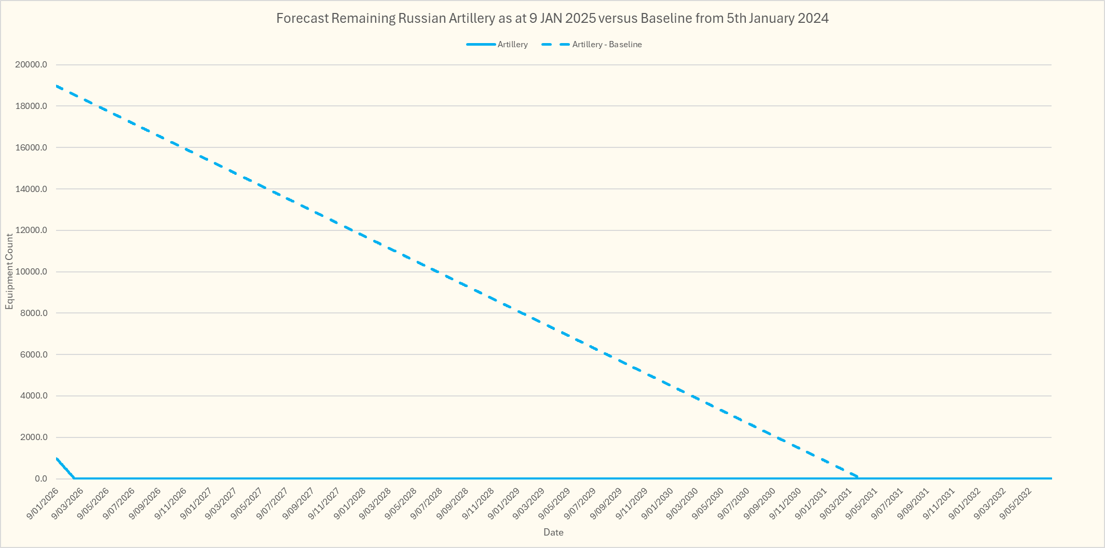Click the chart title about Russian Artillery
552,19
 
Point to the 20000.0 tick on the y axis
31,65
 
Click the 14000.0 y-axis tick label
31,189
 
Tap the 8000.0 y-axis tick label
33,313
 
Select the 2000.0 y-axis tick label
33,437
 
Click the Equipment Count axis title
9,271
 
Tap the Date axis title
553,532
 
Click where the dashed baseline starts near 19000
56,86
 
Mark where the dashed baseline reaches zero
859,478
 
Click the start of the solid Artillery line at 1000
56,458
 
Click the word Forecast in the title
302,19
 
